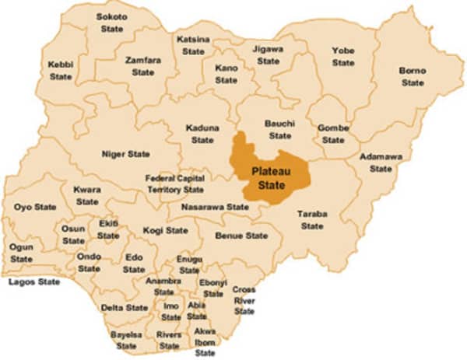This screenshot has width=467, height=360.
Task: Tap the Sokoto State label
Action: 111,23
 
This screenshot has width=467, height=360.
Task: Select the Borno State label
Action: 412,76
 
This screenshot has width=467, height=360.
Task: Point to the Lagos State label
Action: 34,281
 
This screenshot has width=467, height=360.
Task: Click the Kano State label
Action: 226,74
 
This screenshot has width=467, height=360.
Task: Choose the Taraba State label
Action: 312,219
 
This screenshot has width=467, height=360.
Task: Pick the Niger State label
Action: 125,154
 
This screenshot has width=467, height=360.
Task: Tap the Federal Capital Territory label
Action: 175,183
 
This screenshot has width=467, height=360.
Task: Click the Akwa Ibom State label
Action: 205,341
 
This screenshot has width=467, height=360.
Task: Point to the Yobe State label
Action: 343,57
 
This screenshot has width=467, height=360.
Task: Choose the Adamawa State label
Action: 381,163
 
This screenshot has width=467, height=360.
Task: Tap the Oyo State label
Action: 35,207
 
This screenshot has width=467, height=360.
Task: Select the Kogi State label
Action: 165,231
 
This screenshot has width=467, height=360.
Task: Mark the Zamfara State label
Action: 142,66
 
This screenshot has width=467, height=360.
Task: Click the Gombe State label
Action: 333,134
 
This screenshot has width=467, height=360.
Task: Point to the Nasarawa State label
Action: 215,208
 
